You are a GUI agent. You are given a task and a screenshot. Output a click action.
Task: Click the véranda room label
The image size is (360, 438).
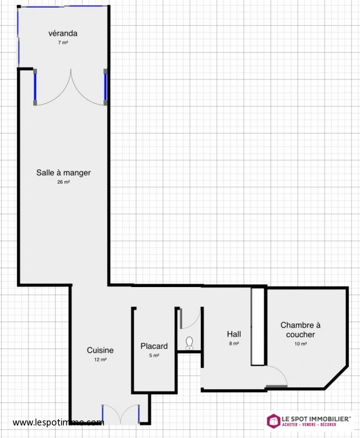[x=63, y=33]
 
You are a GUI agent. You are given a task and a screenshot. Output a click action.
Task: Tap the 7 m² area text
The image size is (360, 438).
[x=63, y=43]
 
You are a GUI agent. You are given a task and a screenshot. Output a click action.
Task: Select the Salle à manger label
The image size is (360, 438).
[x=63, y=173]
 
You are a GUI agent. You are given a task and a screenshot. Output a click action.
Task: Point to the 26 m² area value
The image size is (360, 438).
[x=63, y=182]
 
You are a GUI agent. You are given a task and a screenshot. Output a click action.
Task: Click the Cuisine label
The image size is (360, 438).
[x=100, y=350]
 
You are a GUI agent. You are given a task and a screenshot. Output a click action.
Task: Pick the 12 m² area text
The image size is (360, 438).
[x=100, y=360]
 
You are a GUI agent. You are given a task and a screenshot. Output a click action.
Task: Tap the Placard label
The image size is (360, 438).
[x=154, y=347]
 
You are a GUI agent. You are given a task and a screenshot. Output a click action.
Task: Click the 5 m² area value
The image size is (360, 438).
[x=154, y=355]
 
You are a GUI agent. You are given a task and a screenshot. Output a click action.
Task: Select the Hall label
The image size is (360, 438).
[x=234, y=334]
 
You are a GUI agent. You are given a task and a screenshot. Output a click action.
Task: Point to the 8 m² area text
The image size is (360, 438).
[x=234, y=343]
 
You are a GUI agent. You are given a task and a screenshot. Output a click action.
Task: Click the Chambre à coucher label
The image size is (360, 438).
[x=301, y=330]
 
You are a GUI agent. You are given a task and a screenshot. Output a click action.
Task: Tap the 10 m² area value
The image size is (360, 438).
[x=301, y=344]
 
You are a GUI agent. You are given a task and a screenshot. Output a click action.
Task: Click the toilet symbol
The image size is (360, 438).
[x=190, y=343]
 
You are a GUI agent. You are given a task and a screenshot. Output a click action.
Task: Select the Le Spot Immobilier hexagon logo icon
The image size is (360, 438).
[x=274, y=421]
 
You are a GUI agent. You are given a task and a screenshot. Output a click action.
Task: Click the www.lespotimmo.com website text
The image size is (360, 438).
[x=58, y=422]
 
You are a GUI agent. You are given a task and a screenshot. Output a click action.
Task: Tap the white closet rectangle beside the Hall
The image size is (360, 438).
[x=257, y=326]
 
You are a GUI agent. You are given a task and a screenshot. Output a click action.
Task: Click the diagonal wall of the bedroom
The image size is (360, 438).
[x=336, y=378]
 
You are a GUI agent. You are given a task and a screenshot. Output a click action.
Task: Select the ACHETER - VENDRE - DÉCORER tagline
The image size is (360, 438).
[x=309, y=425]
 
